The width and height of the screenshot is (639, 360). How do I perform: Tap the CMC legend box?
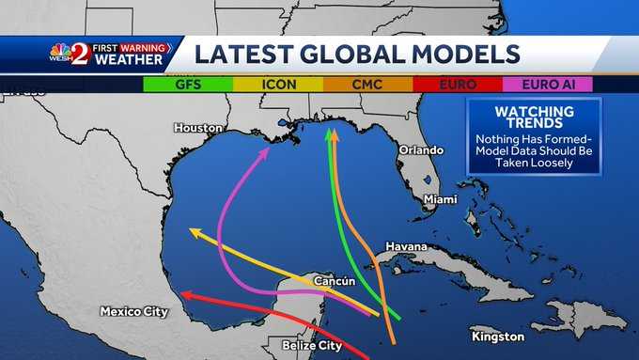pos(367,84)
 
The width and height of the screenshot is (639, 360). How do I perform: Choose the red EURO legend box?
pos(458,84)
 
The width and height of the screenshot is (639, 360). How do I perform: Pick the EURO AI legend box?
pos(548,84)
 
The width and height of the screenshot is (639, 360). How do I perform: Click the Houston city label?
pos(198,127)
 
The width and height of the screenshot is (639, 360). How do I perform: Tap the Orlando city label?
pos(419,149)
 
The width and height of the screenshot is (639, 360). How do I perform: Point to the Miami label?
pos(440,199)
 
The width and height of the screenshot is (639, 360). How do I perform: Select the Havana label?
pos(405,247)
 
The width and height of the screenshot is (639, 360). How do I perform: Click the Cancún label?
pos(332,279)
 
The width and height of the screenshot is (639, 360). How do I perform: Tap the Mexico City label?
pos(133,311)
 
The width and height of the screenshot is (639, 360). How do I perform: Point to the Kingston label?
pos(498,336)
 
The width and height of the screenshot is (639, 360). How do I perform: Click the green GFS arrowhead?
pos(330,137)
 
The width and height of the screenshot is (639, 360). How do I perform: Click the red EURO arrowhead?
pos(186,296)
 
